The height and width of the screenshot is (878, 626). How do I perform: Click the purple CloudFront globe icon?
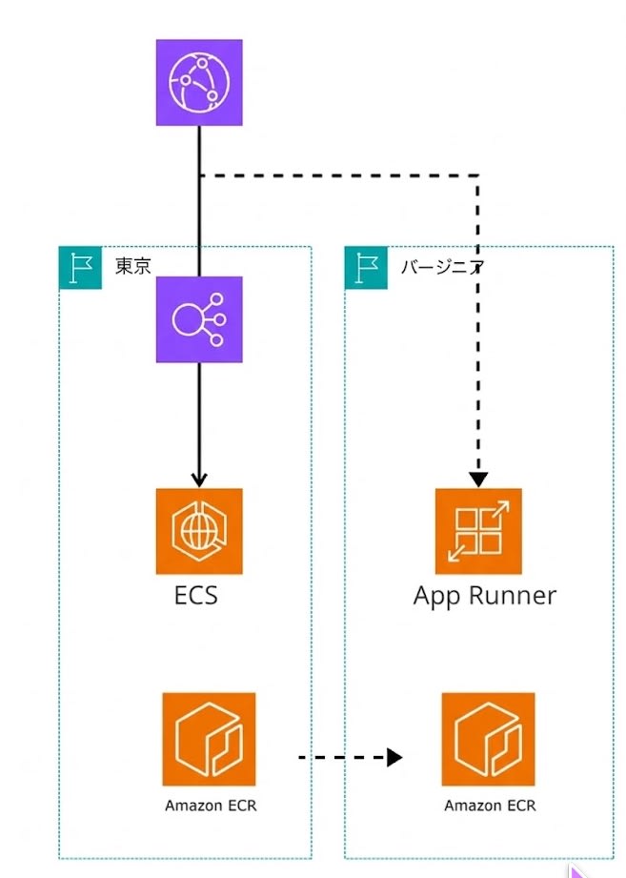tap(199, 82)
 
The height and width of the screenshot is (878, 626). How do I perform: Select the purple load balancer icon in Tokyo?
tap(199, 319)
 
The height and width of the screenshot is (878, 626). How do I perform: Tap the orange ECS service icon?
tap(199, 531)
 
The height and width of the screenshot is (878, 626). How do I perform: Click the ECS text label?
tap(196, 596)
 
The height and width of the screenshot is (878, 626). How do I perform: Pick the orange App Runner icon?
tap(478, 531)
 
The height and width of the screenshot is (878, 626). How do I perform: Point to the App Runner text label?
tap(484, 597)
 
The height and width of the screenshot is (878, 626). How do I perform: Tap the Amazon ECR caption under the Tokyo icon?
tap(211, 806)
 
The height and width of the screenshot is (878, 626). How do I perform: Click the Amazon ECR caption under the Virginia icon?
tap(490, 806)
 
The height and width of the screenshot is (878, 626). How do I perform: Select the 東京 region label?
tap(133, 267)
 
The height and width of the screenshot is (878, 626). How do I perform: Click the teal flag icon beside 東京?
tap(80, 267)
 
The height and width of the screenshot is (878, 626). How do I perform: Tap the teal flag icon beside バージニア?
tap(366, 267)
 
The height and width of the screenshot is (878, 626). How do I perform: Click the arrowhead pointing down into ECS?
tap(199, 479)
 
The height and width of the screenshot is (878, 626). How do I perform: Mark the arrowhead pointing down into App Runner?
tap(478, 479)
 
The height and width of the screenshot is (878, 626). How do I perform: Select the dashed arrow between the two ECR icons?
tap(343, 758)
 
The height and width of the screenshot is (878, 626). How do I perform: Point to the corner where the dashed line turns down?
tap(478, 175)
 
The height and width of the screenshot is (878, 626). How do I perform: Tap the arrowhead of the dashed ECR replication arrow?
tap(395, 758)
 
